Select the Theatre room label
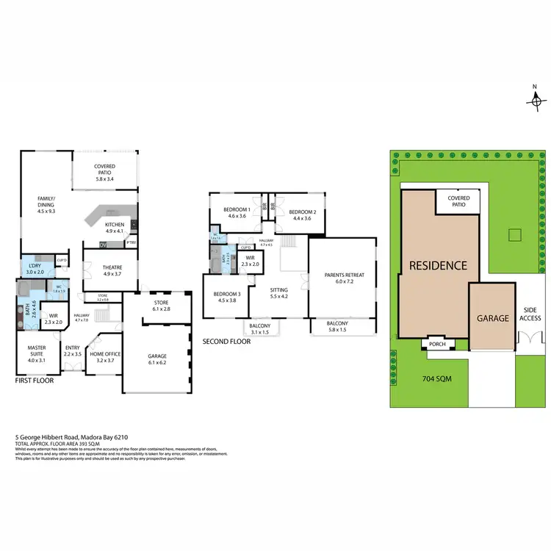click(112, 270)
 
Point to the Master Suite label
click(37, 351)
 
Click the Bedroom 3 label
click(228, 296)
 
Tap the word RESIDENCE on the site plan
click(438, 265)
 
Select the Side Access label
click(530, 314)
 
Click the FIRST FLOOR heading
click(35, 382)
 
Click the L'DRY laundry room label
click(34, 269)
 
